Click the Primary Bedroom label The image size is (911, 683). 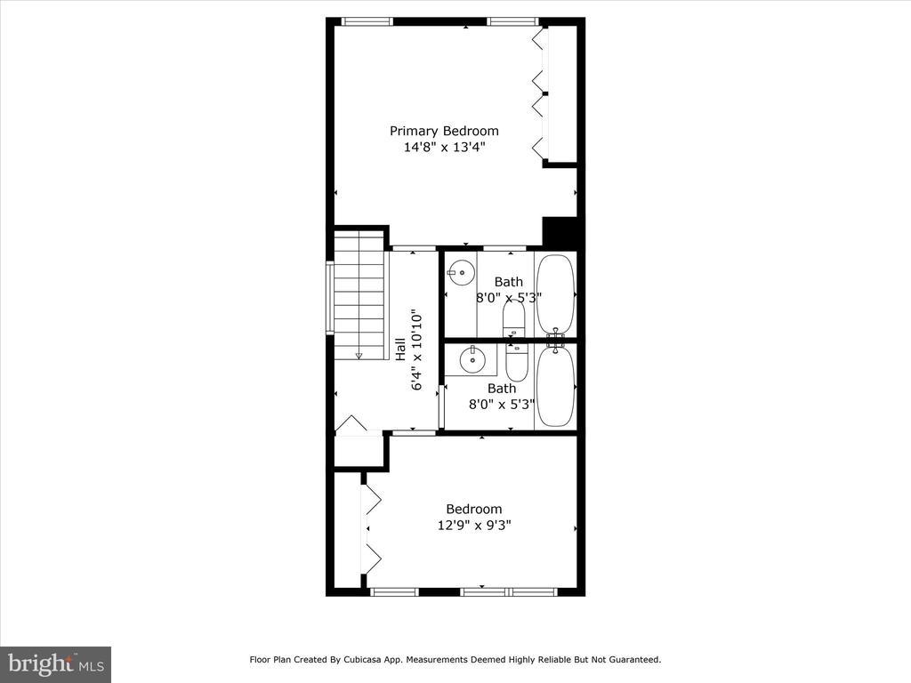pyautogui.click(x=444, y=132)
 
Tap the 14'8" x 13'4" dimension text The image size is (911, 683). pyautogui.click(x=445, y=147)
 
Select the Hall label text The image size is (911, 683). pyautogui.click(x=401, y=350)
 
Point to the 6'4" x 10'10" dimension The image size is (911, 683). pyautogui.click(x=416, y=352)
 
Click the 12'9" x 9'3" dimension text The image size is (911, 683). pyautogui.click(x=474, y=526)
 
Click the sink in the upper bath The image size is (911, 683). pyautogui.click(x=462, y=272)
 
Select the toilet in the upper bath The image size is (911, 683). pyautogui.click(x=513, y=319)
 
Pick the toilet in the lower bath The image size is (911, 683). pyautogui.click(x=516, y=363)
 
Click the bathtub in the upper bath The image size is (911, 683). pyautogui.click(x=555, y=293)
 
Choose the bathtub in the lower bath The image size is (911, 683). pyautogui.click(x=556, y=386)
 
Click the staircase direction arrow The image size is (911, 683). pyautogui.click(x=359, y=355)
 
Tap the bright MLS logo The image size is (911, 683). pyautogui.click(x=55, y=664)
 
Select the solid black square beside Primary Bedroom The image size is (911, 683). pyautogui.click(x=560, y=231)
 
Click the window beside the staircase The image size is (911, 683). pyautogui.click(x=330, y=298)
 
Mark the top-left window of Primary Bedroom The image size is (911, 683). pyautogui.click(x=367, y=22)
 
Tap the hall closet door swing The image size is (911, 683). pyautogui.click(x=351, y=424)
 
